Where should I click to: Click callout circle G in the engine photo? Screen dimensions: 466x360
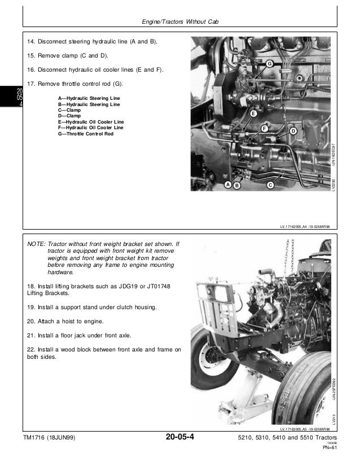(x=270, y=64)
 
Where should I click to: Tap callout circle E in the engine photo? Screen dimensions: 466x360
(x=253, y=114)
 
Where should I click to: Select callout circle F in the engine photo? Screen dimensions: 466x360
(x=264, y=129)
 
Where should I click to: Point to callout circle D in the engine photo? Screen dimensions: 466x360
(x=293, y=131)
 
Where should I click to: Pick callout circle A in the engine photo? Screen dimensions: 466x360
(x=227, y=184)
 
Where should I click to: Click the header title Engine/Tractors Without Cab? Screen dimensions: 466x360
(x=178, y=22)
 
